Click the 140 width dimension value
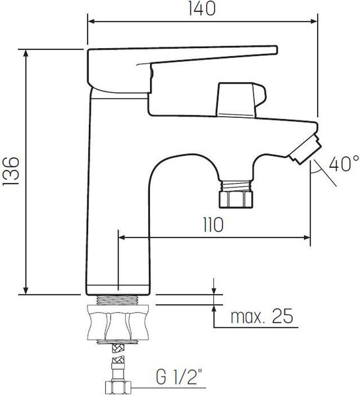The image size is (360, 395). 203,9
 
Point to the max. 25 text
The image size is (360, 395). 261,318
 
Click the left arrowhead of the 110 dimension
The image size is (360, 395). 122,237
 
